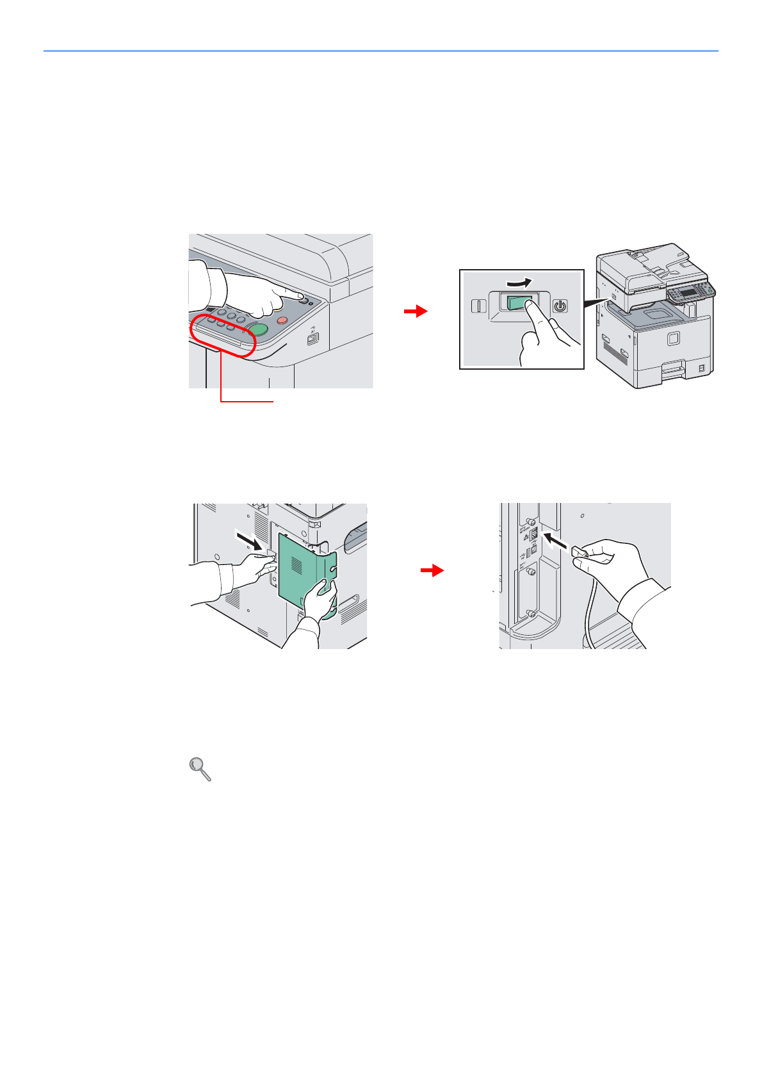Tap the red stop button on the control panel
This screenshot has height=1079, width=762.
pos(282,320)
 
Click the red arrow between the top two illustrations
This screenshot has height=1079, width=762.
pos(416,311)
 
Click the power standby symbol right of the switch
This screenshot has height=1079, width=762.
pos(560,306)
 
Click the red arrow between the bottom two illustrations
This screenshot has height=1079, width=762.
pos(433,570)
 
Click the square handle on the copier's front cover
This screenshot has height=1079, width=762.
pos(672,338)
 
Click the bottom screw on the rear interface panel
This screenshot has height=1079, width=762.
pos(531,614)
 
